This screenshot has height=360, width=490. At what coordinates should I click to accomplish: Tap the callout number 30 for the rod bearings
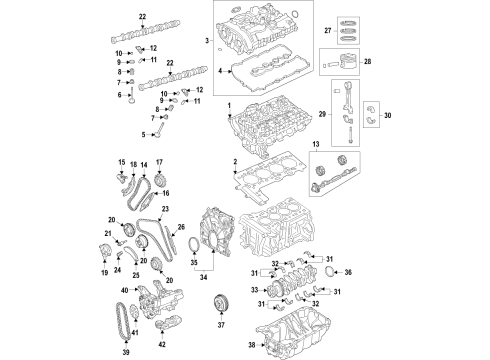coord(388,116)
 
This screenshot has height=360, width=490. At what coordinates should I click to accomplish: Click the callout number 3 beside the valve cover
coord(207,40)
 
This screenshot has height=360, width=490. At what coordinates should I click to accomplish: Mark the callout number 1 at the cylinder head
coord(228,106)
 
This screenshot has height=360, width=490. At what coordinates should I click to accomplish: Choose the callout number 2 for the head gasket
coord(235,161)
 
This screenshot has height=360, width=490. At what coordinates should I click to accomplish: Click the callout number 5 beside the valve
coord(143,134)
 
